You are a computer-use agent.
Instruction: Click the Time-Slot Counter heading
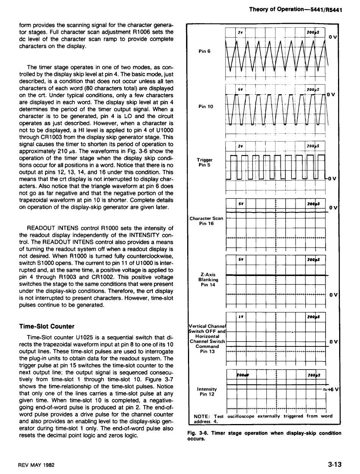pos(47,326)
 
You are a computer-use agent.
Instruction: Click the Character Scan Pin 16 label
pos(207,221)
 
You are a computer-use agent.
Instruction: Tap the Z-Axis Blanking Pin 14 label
pos(207,280)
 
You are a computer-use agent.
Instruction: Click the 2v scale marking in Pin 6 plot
pos(240,33)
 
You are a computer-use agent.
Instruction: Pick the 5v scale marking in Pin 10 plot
pos(240,89)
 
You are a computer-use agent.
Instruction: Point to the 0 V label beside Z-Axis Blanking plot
pos(333,295)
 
